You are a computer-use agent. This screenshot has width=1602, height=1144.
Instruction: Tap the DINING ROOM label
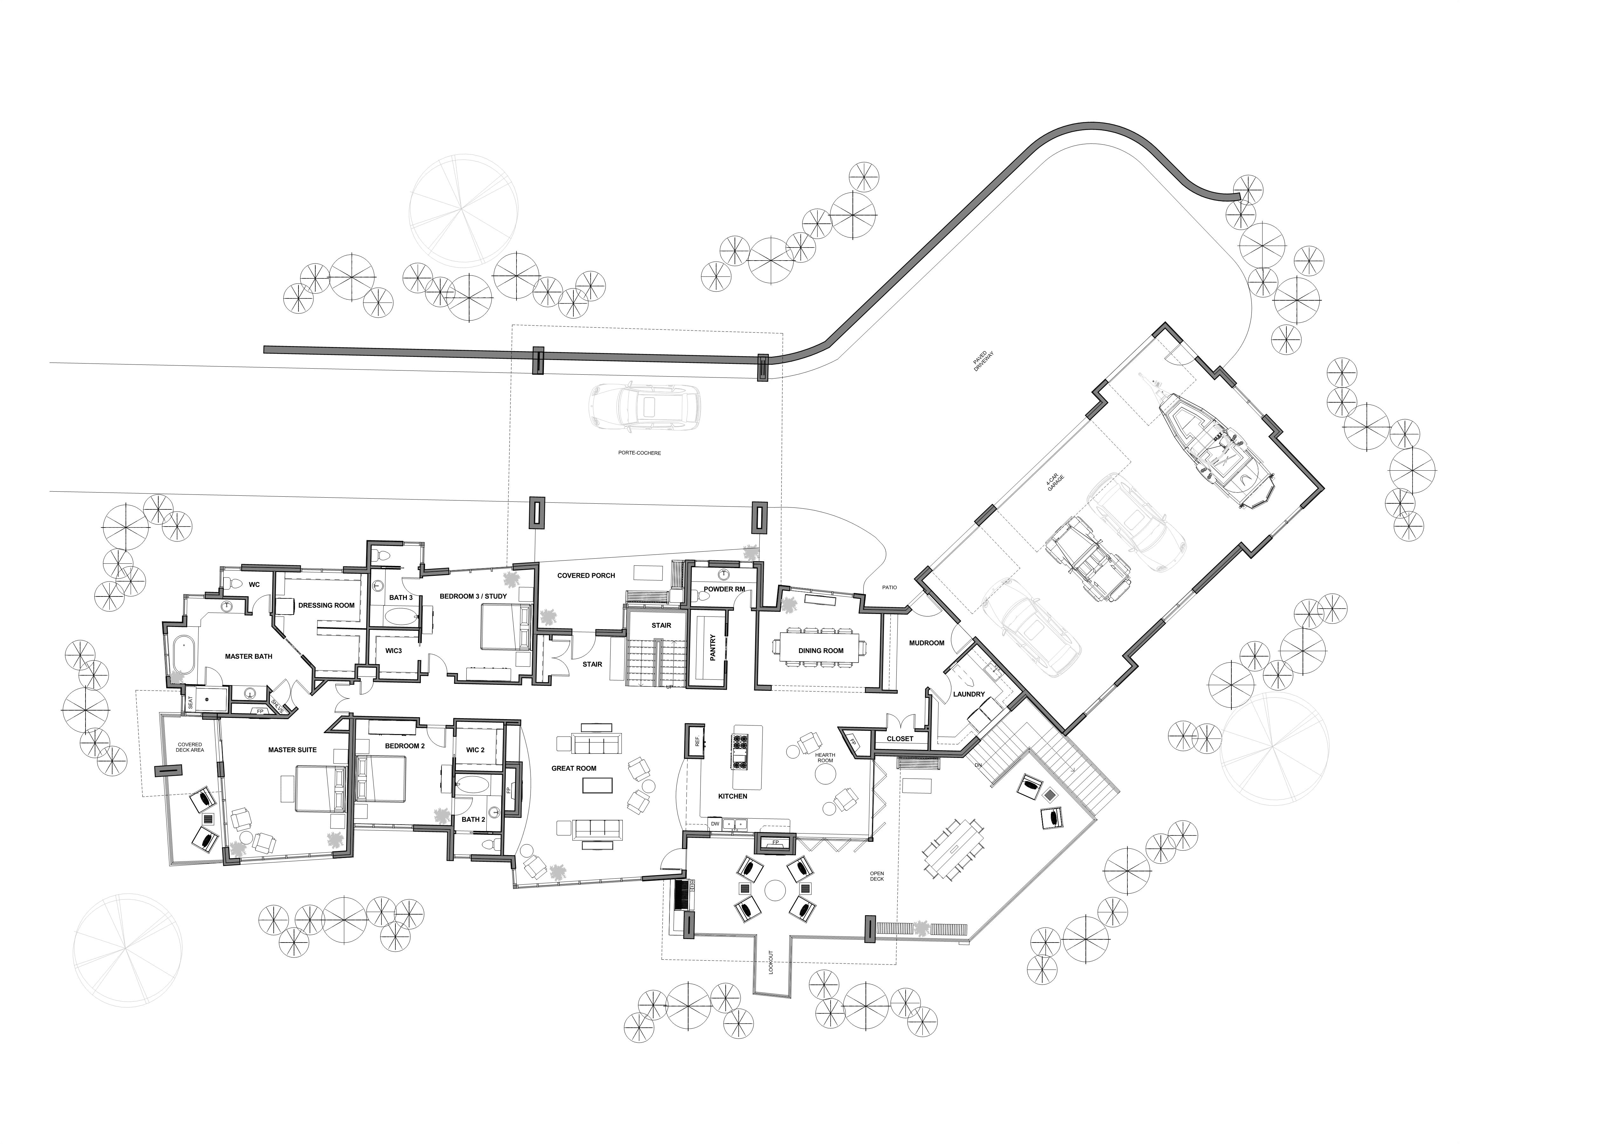click(821, 651)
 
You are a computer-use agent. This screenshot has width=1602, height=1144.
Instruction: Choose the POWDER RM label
click(724, 589)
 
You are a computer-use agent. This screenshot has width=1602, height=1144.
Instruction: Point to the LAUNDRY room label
click(969, 694)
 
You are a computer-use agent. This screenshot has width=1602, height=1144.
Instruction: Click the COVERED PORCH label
click(586, 575)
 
